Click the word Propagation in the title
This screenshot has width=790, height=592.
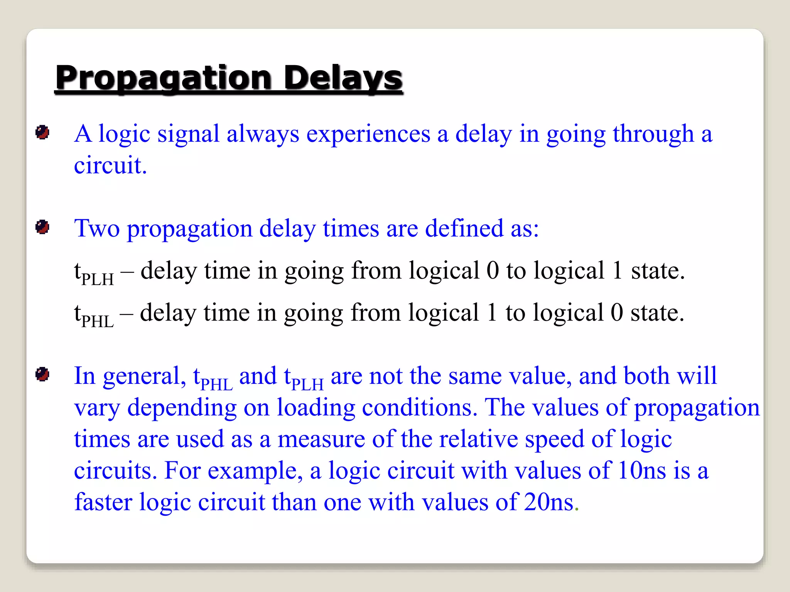[x=164, y=78]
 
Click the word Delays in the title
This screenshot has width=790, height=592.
[x=343, y=78]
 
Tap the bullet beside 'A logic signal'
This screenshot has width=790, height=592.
[x=42, y=133]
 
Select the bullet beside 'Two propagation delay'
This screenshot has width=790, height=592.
[x=42, y=227]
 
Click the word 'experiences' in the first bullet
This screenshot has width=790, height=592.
[x=368, y=134]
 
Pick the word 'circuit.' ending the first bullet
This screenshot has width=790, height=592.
[x=110, y=166]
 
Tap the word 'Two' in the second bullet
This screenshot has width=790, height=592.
[x=97, y=228]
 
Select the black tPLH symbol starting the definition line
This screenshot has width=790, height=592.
[x=94, y=273]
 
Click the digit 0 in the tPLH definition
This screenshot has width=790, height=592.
[x=493, y=271]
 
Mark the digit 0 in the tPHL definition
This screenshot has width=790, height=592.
[x=617, y=313]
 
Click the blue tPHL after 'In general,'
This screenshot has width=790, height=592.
[x=213, y=378]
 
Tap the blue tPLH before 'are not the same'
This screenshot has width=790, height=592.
[x=304, y=378]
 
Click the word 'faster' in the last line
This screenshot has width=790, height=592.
[x=103, y=502]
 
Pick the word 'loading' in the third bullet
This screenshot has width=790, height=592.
[x=316, y=408]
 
